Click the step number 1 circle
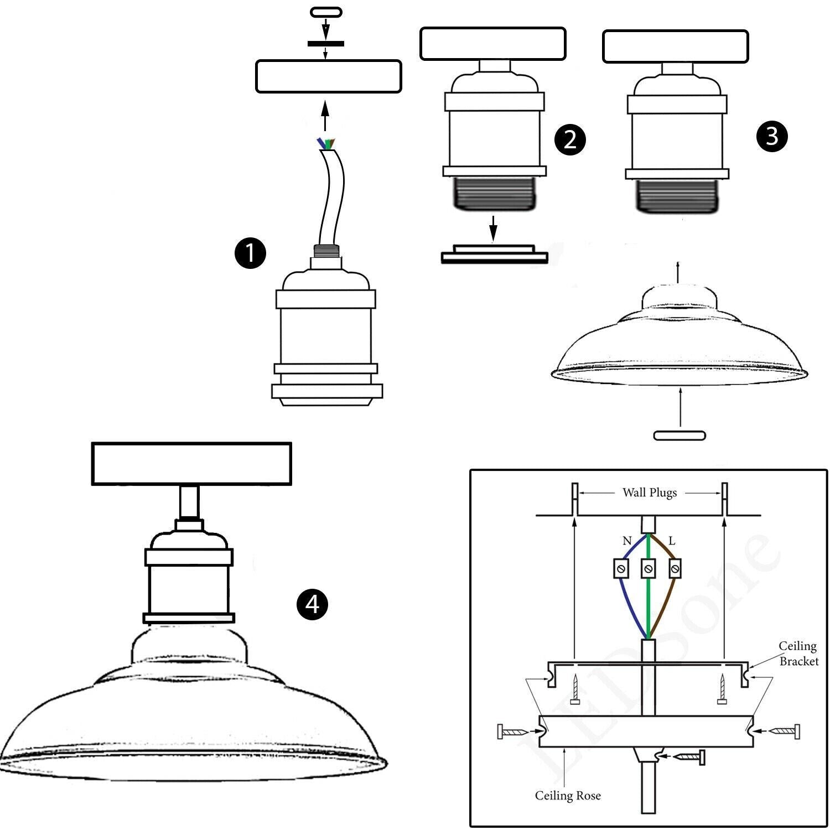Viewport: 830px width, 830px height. (x=250, y=253)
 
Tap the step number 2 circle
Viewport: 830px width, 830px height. (x=569, y=139)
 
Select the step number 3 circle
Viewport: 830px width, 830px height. (x=772, y=136)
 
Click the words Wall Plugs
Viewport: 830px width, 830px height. (x=650, y=492)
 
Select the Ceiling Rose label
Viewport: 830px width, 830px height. (x=567, y=796)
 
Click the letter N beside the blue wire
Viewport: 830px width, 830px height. (x=626, y=541)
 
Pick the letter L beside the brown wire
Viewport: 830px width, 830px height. (x=672, y=541)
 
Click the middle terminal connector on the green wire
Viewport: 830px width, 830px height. (x=648, y=568)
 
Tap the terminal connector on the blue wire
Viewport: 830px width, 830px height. (x=621, y=568)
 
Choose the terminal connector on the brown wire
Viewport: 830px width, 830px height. (x=675, y=568)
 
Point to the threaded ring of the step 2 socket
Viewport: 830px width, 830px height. (x=494, y=194)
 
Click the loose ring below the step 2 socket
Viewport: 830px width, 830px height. (x=494, y=254)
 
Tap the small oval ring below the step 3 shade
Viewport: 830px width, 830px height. (x=679, y=435)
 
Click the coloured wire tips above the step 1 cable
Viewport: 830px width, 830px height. (x=326, y=144)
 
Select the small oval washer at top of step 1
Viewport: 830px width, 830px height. (x=326, y=12)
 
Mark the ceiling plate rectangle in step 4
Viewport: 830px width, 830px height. (x=191, y=464)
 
